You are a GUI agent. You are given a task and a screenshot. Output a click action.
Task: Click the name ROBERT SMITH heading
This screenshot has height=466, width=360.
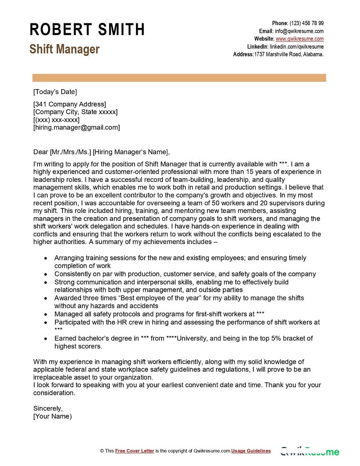[87, 30]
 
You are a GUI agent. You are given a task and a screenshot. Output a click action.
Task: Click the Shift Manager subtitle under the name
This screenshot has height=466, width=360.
[64, 49]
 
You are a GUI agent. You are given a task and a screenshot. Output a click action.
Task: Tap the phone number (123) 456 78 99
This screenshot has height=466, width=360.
[306, 23]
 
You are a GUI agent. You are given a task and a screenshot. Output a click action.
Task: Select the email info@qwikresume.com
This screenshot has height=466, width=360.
[299, 31]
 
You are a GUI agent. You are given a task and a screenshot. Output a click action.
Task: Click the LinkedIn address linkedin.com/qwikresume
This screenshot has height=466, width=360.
[297, 46]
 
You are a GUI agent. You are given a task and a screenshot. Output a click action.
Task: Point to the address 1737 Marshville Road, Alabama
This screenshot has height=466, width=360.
[289, 54]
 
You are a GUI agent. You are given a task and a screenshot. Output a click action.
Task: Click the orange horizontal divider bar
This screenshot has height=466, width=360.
[179, 78]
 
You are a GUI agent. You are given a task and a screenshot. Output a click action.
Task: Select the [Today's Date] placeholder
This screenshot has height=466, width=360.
[55, 92]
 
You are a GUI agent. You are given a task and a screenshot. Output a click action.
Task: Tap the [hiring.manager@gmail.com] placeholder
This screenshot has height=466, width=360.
[76, 127]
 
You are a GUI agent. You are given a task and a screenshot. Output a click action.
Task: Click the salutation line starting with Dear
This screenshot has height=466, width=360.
[102, 151]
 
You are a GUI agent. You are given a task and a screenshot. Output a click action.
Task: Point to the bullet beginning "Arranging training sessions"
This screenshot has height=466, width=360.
[180, 258]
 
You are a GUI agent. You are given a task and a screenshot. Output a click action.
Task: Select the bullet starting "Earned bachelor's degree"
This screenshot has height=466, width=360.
[183, 338]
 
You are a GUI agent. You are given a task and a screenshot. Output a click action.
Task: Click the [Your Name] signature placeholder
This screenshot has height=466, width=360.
[52, 416]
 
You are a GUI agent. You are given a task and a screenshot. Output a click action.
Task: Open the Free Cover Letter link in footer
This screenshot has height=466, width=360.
[135, 451]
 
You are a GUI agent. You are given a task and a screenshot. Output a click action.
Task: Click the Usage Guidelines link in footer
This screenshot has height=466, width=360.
[251, 451]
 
